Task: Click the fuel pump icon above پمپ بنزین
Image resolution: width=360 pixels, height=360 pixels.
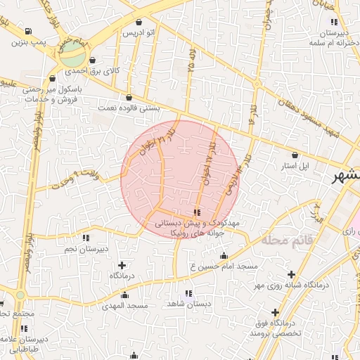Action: pos(27,31)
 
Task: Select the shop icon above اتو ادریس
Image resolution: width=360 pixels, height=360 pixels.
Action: pos(138,22)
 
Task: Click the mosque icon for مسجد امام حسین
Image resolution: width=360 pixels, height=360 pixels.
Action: pos(224,256)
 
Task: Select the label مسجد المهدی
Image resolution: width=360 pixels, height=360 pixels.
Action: pos(124,306)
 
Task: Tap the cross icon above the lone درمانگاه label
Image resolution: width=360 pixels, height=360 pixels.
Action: pos(123,265)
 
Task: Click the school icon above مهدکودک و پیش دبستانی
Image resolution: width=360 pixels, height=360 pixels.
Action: pos(197,212)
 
